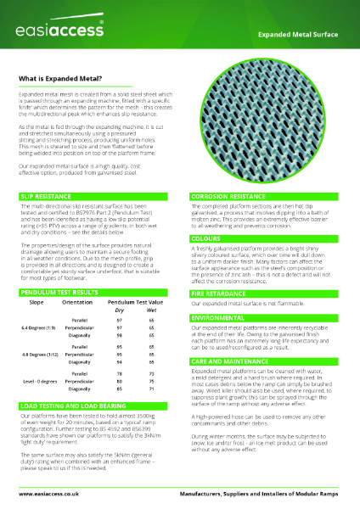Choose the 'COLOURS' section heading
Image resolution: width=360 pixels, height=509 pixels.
click(x=206, y=239)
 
